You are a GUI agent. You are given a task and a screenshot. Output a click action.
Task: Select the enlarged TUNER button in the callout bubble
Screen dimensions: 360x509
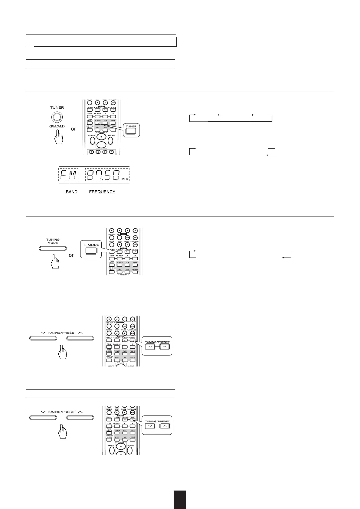[x=131, y=131]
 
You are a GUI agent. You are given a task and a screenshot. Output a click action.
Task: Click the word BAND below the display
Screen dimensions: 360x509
[x=71, y=192]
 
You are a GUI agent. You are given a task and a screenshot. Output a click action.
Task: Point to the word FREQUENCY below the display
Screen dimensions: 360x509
[x=102, y=192]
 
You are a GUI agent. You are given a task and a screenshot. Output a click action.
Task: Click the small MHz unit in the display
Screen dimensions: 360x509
[x=125, y=179]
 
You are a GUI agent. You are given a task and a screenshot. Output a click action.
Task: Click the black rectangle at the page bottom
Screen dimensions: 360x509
[x=180, y=500]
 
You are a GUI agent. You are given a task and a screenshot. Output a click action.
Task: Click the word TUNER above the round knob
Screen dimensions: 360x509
[x=57, y=107]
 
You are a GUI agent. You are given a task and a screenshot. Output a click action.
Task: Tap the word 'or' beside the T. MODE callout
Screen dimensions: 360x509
[x=71, y=255]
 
